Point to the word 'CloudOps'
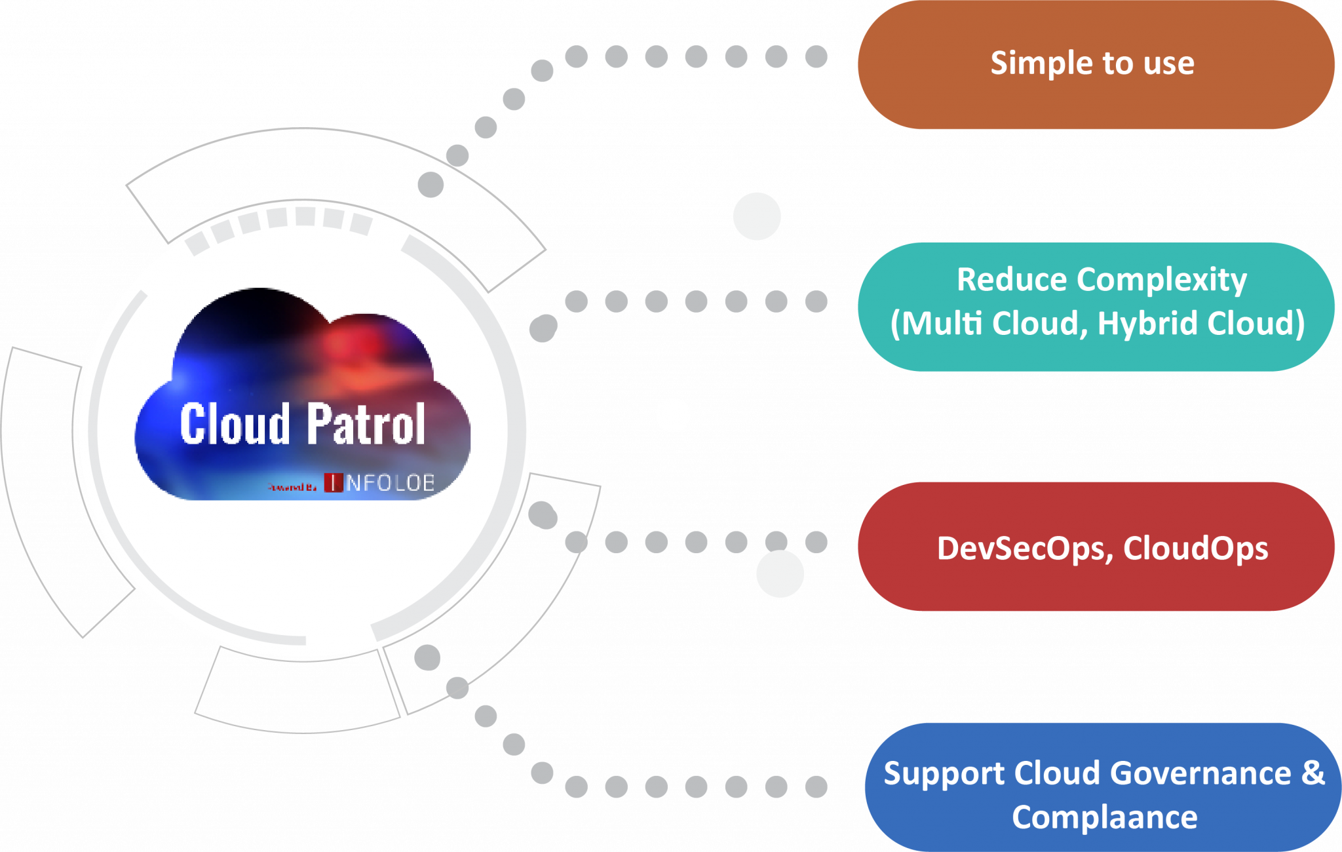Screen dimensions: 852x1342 pyautogui.click(x=1195, y=549)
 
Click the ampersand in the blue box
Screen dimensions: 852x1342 pyautogui.click(x=1313, y=773)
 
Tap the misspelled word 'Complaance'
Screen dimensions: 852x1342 pyautogui.click(x=1105, y=817)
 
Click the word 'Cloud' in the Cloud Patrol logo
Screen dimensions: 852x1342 pyautogui.click(x=235, y=425)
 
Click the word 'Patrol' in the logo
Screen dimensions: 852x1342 pyautogui.click(x=367, y=425)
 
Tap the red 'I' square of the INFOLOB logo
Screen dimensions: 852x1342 pyautogui.click(x=334, y=483)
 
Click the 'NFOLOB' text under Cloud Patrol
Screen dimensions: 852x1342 pyautogui.click(x=391, y=483)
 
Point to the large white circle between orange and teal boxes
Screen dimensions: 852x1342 pyautogui.click(x=757, y=216)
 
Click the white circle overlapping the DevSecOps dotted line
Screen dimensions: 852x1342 pyautogui.click(x=780, y=573)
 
